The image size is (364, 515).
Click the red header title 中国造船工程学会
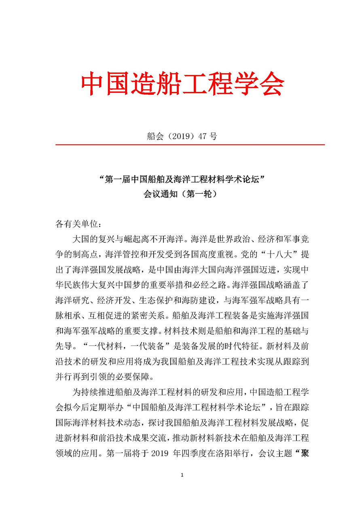point(182,83)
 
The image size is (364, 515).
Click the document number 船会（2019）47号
point(182,136)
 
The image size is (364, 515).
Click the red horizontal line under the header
point(190,145)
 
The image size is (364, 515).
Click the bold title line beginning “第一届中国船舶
point(182,179)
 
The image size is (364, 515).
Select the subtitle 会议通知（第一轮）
point(182,194)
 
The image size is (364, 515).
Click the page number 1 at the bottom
point(182,475)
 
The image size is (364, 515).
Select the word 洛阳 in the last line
point(224,453)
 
